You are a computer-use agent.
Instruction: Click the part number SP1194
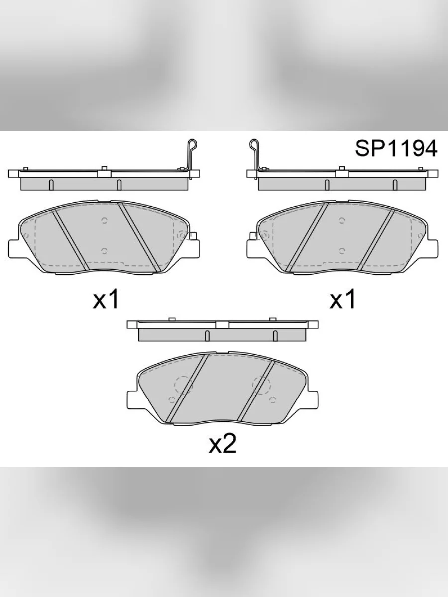pyautogui.click(x=396, y=148)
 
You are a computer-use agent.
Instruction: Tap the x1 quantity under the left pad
pyautogui.click(x=106, y=299)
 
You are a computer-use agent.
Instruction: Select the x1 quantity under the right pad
pyautogui.click(x=342, y=299)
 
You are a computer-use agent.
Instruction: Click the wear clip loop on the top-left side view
pyautogui.click(x=192, y=144)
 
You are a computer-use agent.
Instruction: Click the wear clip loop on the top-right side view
pyautogui.click(x=254, y=144)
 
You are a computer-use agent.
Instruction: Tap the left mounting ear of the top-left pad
pyautogui.click(x=13, y=248)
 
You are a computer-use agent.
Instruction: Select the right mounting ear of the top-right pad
pyautogui.click(x=433, y=248)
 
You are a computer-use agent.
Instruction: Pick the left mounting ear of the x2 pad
pyautogui.click(x=132, y=399)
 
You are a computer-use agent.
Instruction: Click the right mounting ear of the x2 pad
pyautogui.click(x=312, y=399)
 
